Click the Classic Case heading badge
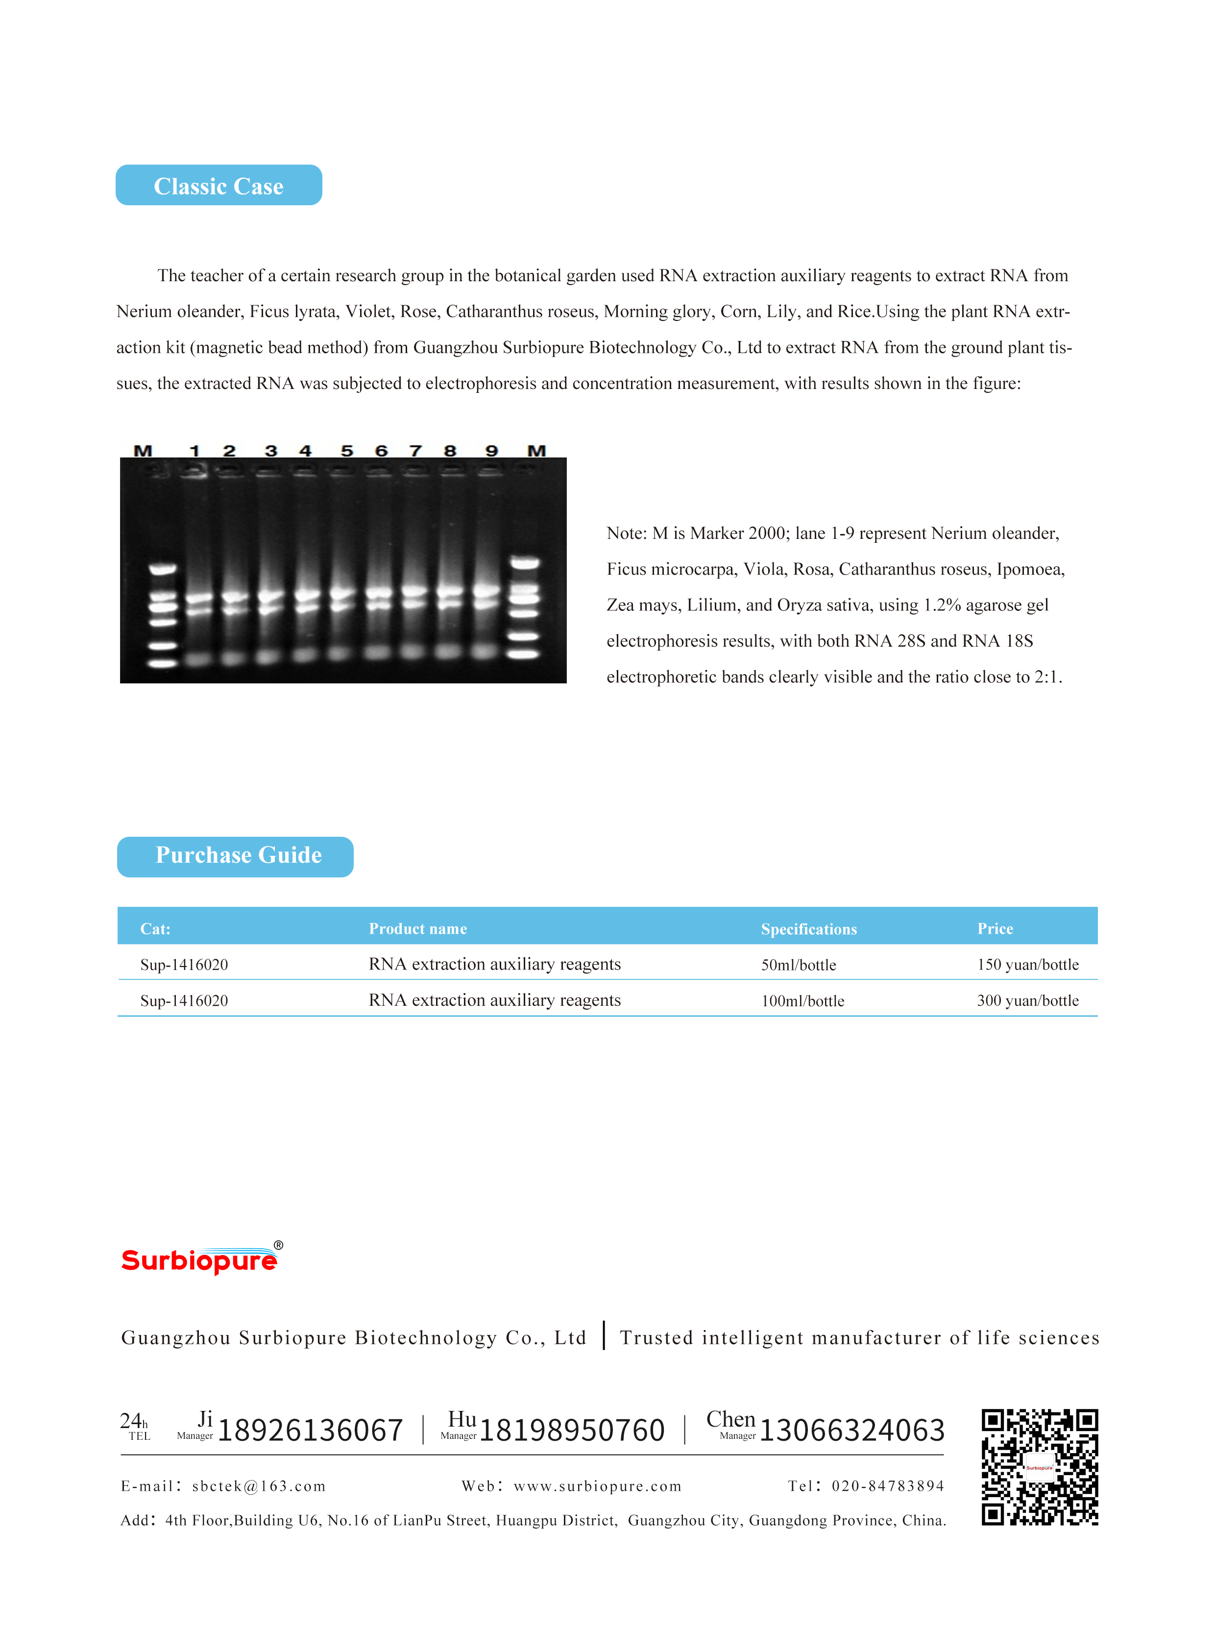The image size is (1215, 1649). (x=219, y=185)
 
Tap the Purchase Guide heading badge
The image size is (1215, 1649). (x=235, y=856)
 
